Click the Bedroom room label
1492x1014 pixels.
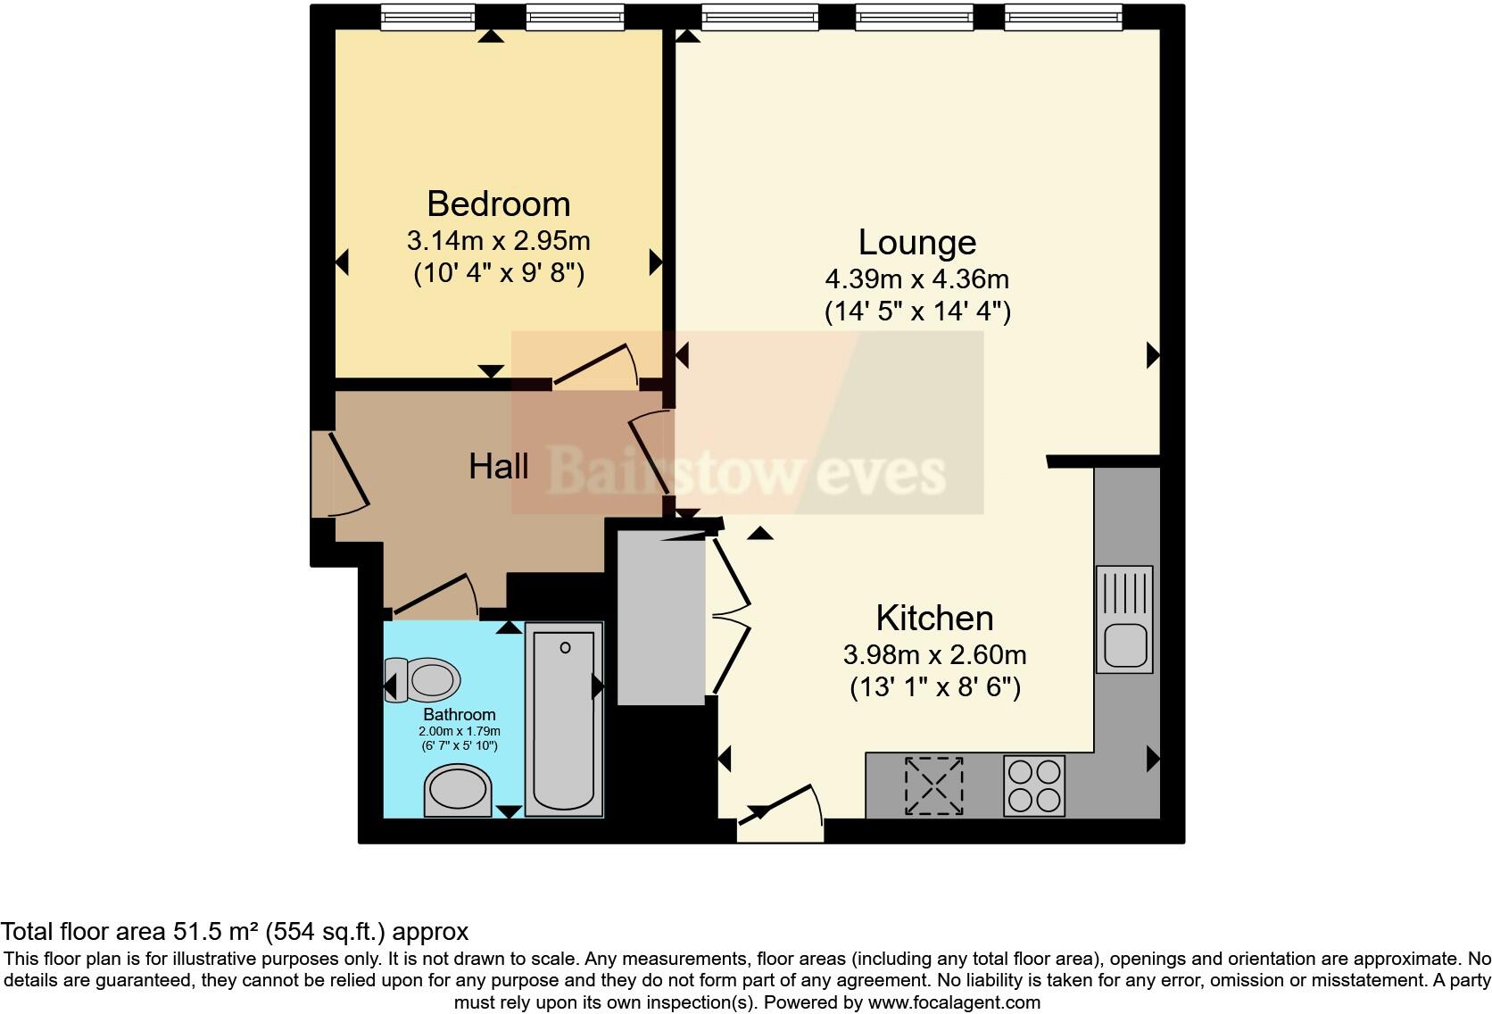pyautogui.click(x=498, y=204)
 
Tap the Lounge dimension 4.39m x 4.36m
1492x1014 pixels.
pyautogui.click(x=916, y=279)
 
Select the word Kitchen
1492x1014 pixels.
pyautogui.click(x=934, y=618)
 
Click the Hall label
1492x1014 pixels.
pyautogui.click(x=498, y=466)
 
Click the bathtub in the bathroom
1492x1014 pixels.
pyautogui.click(x=564, y=719)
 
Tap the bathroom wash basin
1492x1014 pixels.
pyautogui.click(x=457, y=791)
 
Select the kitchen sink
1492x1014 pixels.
pyautogui.click(x=1124, y=620)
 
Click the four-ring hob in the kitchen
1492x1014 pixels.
pyautogui.click(x=1034, y=785)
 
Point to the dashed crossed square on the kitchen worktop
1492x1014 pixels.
pyautogui.click(x=934, y=785)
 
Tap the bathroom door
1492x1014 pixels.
pyautogui.click(x=435, y=595)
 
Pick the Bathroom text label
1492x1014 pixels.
pyautogui.click(x=459, y=714)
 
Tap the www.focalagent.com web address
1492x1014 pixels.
pyautogui.click(x=954, y=1002)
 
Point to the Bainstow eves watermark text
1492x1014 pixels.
pyautogui.click(x=746, y=470)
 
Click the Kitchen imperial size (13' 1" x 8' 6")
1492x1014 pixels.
pyautogui.click(x=934, y=687)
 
